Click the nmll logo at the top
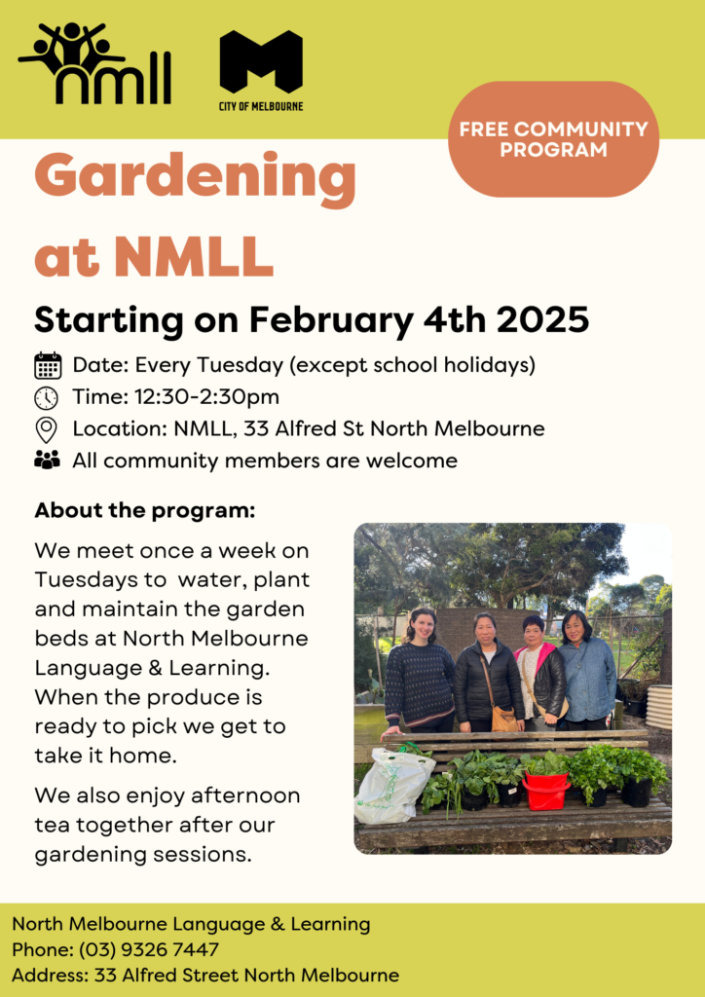[x=94, y=63]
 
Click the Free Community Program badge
[x=554, y=139]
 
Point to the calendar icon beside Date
[x=48, y=366]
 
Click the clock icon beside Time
[x=46, y=398]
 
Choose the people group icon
[x=47, y=460]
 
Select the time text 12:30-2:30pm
[x=207, y=397]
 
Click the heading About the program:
[x=145, y=510]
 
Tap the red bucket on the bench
[x=546, y=791]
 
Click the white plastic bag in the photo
[x=394, y=785]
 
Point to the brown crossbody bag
[x=504, y=718]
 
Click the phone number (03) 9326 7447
[x=149, y=950]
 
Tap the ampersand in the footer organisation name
[x=278, y=924]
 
